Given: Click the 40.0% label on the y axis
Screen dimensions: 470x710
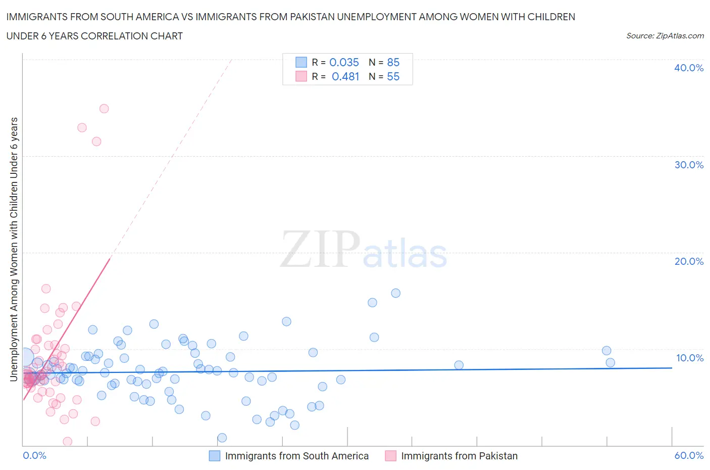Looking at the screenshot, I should click(x=688, y=68).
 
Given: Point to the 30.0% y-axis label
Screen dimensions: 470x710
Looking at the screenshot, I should click(x=688, y=165).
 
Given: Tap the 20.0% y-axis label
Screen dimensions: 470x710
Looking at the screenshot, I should click(x=688, y=261).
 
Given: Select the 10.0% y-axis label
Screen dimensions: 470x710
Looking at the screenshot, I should click(x=689, y=358).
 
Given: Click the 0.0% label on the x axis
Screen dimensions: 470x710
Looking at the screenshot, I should click(x=34, y=455).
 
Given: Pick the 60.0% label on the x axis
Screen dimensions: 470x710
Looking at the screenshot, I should click(x=689, y=455).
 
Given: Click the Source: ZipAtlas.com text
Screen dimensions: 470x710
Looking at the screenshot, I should click(x=665, y=36).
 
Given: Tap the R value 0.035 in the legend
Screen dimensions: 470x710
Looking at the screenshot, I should click(x=344, y=62).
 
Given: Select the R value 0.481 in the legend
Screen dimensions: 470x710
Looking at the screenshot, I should click(x=345, y=76).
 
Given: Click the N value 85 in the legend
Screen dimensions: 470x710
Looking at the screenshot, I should click(x=393, y=62).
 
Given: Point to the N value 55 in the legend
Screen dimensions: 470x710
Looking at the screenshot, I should click(x=393, y=76).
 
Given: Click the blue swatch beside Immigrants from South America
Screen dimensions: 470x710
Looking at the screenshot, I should click(x=215, y=456).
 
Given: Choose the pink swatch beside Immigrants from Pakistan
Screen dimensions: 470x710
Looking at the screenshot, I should click(x=390, y=456).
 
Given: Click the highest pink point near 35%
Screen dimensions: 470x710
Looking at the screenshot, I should click(x=104, y=109).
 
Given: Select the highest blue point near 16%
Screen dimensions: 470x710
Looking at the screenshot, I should click(x=396, y=293).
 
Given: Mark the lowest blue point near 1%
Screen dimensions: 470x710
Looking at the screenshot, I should click(x=222, y=438).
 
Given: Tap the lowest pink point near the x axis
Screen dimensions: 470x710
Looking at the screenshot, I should click(x=67, y=441).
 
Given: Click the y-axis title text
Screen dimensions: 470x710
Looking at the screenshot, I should click(x=14, y=249).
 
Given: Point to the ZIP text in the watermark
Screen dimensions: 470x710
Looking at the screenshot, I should click(x=320, y=249).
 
